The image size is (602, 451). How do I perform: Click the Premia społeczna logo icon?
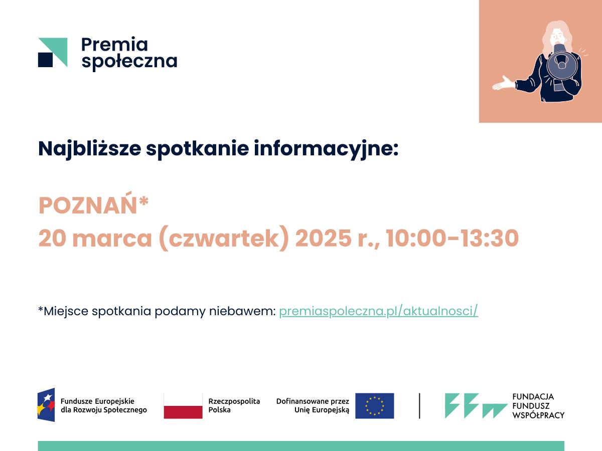(x=53, y=52)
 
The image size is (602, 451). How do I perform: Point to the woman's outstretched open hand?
(x=503, y=83)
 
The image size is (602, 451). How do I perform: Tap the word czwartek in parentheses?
(x=224, y=238)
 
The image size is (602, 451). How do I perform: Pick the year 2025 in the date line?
(x=323, y=238)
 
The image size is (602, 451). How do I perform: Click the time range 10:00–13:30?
(x=453, y=238)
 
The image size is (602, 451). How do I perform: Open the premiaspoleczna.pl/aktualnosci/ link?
(x=378, y=311)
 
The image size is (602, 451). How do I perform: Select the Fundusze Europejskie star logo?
(x=46, y=405)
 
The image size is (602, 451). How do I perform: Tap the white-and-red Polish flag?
(x=183, y=406)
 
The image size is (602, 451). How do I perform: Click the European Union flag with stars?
(x=375, y=406)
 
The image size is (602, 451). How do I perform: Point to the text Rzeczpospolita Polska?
(x=234, y=405)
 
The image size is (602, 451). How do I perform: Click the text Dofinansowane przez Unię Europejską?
(x=313, y=405)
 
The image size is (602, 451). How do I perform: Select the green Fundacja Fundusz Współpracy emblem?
(x=476, y=406)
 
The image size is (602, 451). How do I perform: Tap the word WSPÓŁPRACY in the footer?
(x=538, y=415)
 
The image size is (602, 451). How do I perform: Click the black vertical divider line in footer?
(x=419, y=406)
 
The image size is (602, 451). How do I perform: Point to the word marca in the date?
(x=112, y=239)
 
